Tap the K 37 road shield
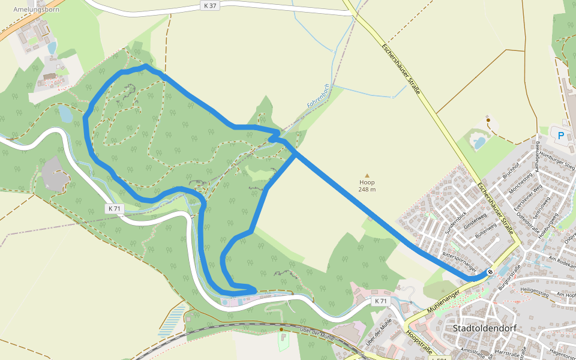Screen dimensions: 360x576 [208, 5]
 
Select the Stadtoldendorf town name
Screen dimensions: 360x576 [485, 328]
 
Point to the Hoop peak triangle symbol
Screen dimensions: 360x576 [367, 175]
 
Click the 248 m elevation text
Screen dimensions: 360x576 [367, 190]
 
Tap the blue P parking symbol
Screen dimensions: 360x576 [561, 136]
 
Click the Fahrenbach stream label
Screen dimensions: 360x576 [319, 96]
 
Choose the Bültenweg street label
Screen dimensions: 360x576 [485, 233]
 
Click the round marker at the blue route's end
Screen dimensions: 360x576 [490, 272]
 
